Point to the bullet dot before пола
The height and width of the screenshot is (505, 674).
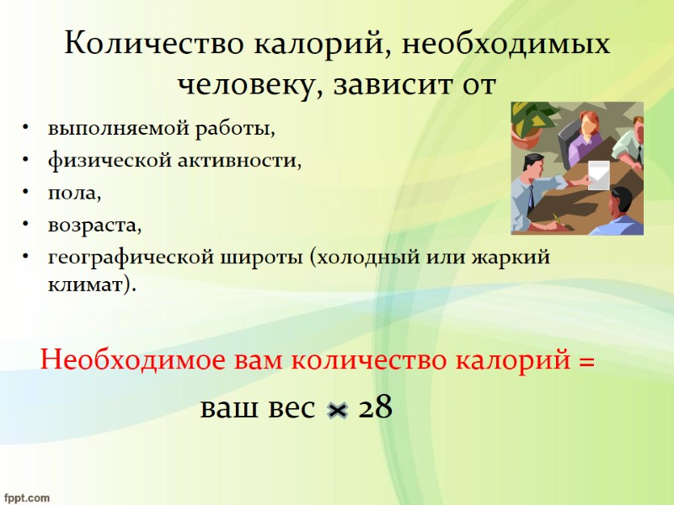(x=28, y=194)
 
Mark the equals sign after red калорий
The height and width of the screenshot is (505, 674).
(x=586, y=362)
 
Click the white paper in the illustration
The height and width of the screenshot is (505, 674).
(x=598, y=174)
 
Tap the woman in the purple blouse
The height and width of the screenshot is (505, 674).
(x=586, y=136)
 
